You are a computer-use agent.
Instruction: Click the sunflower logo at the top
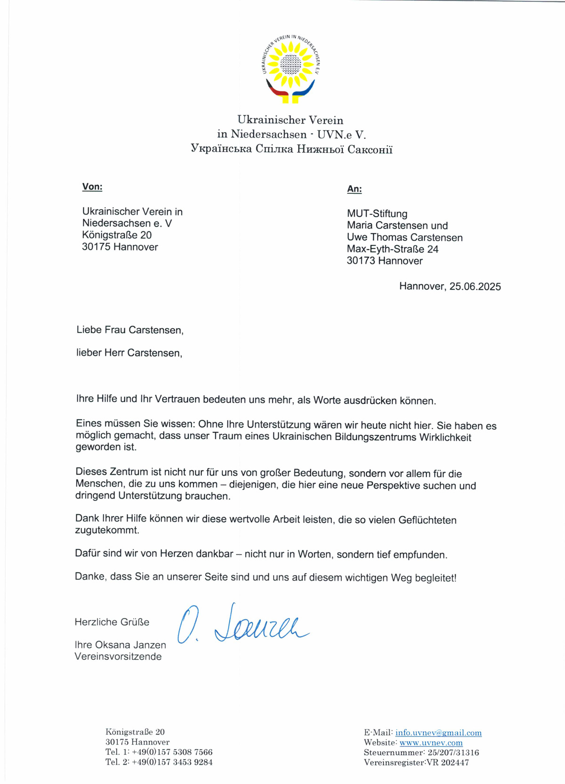[291, 69]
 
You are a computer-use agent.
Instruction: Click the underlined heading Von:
[92, 187]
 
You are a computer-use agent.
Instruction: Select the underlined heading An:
[355, 189]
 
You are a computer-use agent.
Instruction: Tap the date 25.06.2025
[475, 286]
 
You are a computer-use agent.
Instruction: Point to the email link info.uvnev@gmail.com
[438, 733]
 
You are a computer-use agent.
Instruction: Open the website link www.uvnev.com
[431, 743]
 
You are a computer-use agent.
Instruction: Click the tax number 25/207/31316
[453, 752]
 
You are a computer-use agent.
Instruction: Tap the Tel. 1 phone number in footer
[172, 752]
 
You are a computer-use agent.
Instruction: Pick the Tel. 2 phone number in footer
[172, 762]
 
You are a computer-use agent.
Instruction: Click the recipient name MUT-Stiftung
[377, 214]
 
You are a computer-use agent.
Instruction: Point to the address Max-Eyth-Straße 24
[393, 249]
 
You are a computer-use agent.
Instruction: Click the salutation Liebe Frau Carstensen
[130, 330]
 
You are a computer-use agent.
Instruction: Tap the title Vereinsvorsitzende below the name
[118, 657]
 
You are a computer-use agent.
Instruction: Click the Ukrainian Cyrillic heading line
[291, 149]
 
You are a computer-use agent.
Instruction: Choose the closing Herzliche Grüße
[112, 622]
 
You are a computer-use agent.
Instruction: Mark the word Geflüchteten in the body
[427, 520]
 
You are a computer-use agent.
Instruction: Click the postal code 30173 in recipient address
[361, 261]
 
